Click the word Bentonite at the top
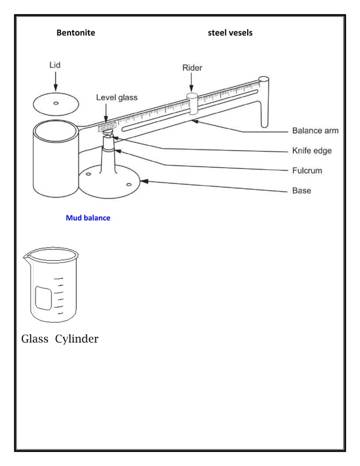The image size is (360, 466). pos(76,33)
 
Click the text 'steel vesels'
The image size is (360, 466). pos(230,33)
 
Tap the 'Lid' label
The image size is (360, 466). pos(53,65)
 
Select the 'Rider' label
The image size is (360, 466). pos(192,68)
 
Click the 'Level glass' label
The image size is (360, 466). pos(116,98)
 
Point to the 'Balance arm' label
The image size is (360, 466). pos(315,131)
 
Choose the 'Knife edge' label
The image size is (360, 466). pos(311,151)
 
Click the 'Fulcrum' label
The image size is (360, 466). pos(307,170)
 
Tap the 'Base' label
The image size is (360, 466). pos(301,191)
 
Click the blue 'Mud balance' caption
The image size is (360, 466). pos(88,218)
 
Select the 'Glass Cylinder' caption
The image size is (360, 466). pos(60,339)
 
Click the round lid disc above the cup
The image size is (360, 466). pos(55,104)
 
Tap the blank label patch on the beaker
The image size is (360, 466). pos(43,297)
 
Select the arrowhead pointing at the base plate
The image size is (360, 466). pos(144,181)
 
